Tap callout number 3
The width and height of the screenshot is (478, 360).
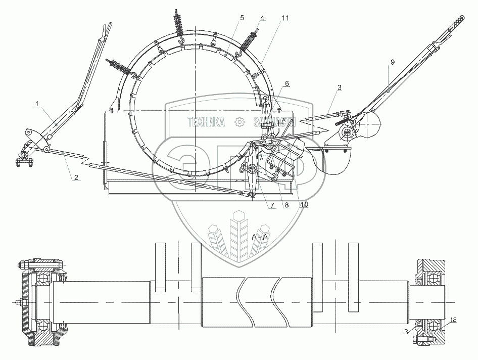pos(339,87)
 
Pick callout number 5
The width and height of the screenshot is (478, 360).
pos(242,18)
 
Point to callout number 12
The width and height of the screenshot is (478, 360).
pos(453,320)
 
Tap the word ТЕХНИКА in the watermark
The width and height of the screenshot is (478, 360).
pos(206,121)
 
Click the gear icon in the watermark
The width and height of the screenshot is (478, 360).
pos(240,121)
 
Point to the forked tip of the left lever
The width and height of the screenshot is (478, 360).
pos(108,26)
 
